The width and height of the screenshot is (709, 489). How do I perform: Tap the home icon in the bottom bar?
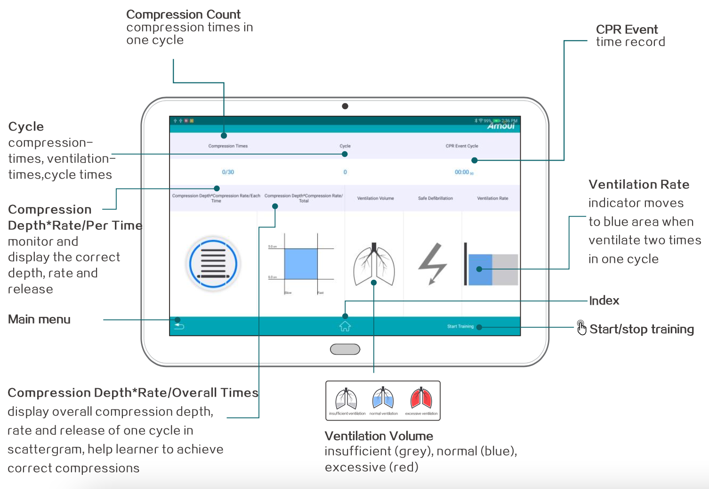click(x=345, y=326)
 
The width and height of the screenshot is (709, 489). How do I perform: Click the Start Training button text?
click(x=460, y=326)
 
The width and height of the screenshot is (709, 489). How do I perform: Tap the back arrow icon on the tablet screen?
click(x=179, y=326)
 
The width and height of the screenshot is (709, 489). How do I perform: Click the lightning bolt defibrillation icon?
click(x=432, y=264)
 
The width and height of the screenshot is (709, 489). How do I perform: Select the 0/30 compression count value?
click(x=228, y=172)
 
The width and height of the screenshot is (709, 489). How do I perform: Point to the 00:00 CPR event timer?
click(x=463, y=172)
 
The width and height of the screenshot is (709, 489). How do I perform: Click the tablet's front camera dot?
click(x=345, y=106)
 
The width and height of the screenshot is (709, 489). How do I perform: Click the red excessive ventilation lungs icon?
click(x=421, y=399)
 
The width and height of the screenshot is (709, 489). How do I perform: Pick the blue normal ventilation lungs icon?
click(x=383, y=399)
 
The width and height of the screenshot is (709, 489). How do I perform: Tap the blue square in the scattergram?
click(x=301, y=264)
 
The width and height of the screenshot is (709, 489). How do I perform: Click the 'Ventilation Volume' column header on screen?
click(x=375, y=198)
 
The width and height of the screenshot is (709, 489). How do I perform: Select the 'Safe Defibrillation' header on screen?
click(x=435, y=198)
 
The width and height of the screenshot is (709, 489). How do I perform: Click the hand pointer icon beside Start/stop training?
click(x=581, y=328)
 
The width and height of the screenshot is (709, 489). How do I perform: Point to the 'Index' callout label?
click(x=604, y=301)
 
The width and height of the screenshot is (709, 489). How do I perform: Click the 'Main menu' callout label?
click(x=40, y=319)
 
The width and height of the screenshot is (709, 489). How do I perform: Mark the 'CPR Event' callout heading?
click(x=627, y=30)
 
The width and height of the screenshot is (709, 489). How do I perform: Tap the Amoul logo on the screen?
click(x=501, y=126)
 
